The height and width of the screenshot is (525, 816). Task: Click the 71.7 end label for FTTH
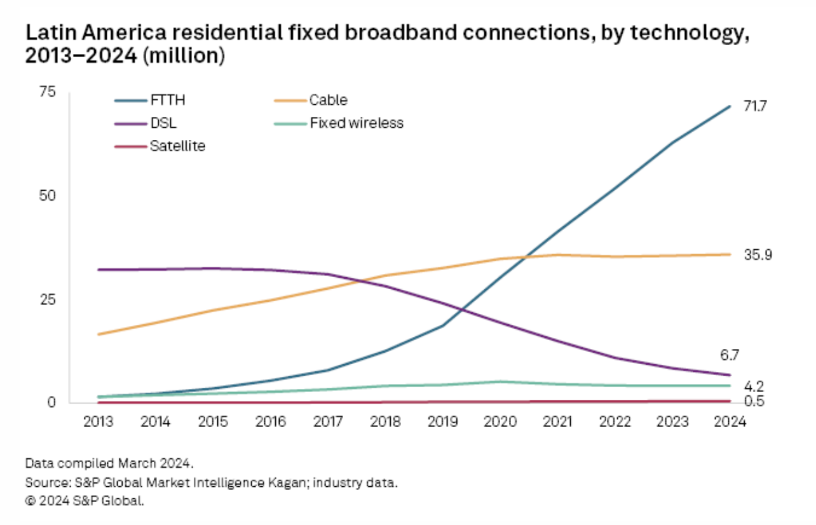(756, 107)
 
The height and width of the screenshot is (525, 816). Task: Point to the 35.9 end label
(758, 255)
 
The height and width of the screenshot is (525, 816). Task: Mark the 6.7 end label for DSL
(729, 355)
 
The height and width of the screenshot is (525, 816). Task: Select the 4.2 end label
(754, 386)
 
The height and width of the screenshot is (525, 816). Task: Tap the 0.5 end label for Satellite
(754, 401)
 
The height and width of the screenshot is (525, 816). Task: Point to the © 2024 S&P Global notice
(85, 501)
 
